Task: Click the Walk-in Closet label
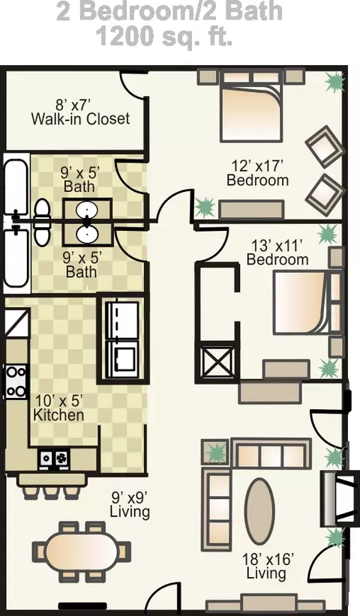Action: [x=80, y=118]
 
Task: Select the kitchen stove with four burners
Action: [x=16, y=381]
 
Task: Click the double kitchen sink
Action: [x=53, y=458]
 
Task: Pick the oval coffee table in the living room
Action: [x=259, y=511]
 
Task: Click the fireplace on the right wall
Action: [x=334, y=498]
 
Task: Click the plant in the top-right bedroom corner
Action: [x=336, y=82]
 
